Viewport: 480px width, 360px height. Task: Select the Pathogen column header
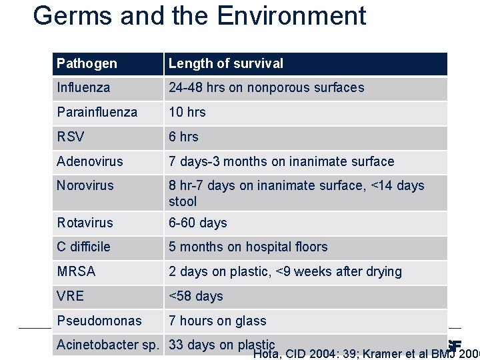pos(87,64)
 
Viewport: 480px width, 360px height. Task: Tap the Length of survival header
pos(225,64)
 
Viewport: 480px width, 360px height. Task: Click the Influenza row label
pos(83,88)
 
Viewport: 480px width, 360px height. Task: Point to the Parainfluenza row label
pos(97,112)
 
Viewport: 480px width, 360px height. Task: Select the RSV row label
pos(71,137)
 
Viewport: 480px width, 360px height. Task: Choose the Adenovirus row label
pos(89,161)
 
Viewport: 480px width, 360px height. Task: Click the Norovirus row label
pos(85,185)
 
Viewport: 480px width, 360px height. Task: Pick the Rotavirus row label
pos(85,223)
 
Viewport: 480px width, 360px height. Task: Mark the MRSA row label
pos(76,271)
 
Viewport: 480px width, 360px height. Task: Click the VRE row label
pos(70,296)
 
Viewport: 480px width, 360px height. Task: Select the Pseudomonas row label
pos(99,321)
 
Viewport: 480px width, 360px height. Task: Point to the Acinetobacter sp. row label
pos(107,345)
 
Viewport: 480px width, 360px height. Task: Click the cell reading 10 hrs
pos(187,112)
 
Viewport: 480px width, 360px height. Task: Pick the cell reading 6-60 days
pos(198,223)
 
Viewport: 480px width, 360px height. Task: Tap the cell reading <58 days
pos(196,296)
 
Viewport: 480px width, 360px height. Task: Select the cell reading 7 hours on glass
pos(217,321)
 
